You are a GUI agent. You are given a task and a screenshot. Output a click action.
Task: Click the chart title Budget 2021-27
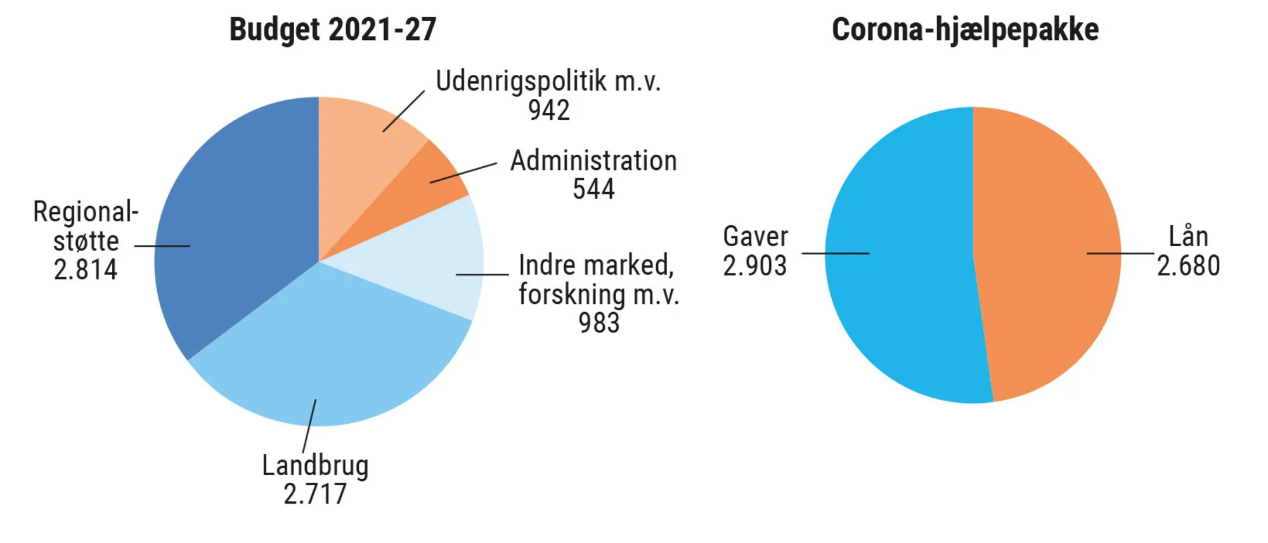[332, 30]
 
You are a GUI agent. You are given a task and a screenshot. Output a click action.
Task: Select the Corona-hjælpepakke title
[965, 30]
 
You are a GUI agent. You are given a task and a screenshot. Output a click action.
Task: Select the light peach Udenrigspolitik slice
[361, 146]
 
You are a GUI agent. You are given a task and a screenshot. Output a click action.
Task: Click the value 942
[549, 110]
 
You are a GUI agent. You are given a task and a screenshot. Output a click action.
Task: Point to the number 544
[593, 189]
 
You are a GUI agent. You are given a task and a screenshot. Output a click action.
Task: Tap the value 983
[598, 323]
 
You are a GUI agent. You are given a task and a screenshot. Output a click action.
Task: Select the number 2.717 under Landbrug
[315, 494]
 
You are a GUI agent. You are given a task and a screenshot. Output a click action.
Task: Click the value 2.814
[86, 270]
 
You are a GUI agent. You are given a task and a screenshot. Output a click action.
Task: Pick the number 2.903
[754, 266]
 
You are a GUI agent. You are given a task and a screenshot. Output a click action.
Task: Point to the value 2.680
[1188, 266]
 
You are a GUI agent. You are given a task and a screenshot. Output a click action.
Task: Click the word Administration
[593, 161]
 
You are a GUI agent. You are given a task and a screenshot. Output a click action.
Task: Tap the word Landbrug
[315, 466]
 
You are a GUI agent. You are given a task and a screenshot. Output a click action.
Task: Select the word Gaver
[755, 237]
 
